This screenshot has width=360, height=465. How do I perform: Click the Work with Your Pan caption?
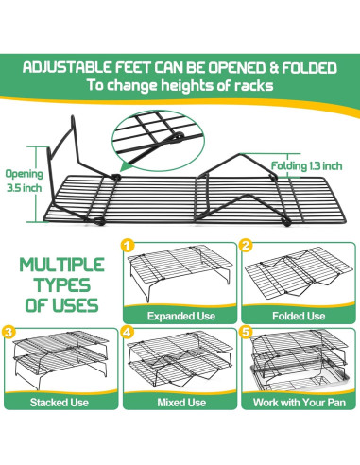pyautogui.click(x=298, y=402)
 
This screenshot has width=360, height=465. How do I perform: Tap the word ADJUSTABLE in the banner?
pyautogui.click(x=65, y=68)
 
